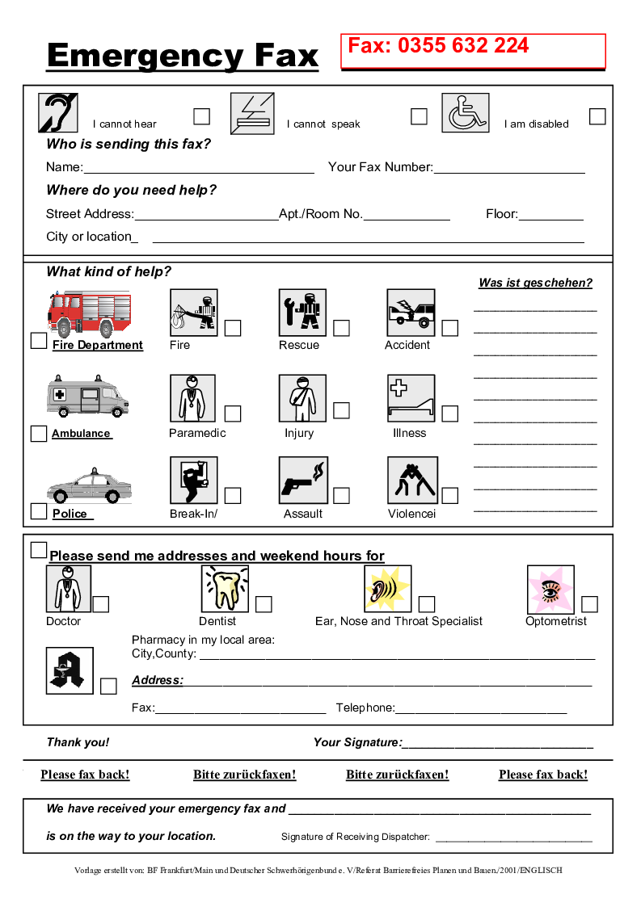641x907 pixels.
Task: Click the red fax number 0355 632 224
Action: tap(438, 46)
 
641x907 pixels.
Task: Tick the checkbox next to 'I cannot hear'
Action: tap(201, 116)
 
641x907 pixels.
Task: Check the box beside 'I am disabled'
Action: tap(597, 116)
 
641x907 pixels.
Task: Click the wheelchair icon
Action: tap(465, 113)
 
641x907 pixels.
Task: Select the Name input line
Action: tap(198, 168)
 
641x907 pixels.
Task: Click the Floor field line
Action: tap(550, 215)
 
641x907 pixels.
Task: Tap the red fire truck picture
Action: tap(89, 313)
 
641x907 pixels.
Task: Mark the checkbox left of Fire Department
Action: tap(38, 341)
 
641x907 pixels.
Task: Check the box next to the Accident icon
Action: tap(449, 328)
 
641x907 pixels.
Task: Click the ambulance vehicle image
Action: tap(87, 396)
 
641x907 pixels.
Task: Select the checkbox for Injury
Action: tap(341, 410)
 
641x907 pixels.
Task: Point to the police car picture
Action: tap(89, 486)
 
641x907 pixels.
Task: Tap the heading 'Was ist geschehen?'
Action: tap(535, 283)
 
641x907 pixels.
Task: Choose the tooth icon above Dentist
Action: tap(225, 588)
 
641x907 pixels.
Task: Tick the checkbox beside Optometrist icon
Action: tap(589, 604)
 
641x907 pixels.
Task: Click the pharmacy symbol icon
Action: tap(70, 670)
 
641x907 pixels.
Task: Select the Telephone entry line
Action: tap(481, 709)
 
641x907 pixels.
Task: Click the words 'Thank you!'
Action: tap(78, 742)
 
